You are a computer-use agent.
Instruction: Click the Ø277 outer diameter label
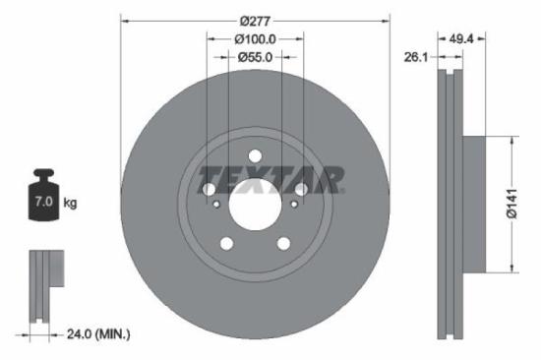click(256, 22)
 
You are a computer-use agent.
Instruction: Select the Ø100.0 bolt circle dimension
click(256, 39)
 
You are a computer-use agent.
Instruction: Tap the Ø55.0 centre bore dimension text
click(256, 58)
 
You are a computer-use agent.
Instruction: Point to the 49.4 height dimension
click(462, 39)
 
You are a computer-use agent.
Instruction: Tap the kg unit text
click(70, 203)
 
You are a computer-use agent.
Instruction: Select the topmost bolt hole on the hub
click(256, 156)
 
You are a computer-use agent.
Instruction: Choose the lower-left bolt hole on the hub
click(227, 243)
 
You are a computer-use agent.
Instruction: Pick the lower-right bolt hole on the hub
click(283, 243)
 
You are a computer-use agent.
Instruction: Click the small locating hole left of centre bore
click(216, 204)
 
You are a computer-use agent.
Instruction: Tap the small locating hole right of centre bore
click(294, 204)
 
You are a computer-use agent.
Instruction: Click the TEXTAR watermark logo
click(271, 181)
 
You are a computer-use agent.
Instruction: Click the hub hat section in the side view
click(473, 203)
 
